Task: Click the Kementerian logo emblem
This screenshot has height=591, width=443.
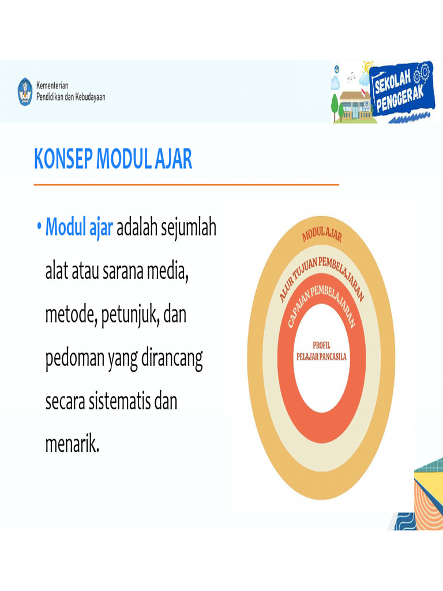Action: point(25,91)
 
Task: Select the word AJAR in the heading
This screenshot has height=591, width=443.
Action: point(173,159)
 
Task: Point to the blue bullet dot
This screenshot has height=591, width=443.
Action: point(38,228)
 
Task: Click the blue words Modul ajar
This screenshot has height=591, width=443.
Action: point(79,228)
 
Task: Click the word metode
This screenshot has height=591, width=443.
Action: point(70,316)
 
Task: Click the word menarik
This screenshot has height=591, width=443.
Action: point(72,445)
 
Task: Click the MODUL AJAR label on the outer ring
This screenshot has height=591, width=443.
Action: point(322,234)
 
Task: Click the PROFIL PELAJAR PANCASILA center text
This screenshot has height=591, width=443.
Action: point(321,351)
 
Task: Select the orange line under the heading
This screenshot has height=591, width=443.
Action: point(186,185)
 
